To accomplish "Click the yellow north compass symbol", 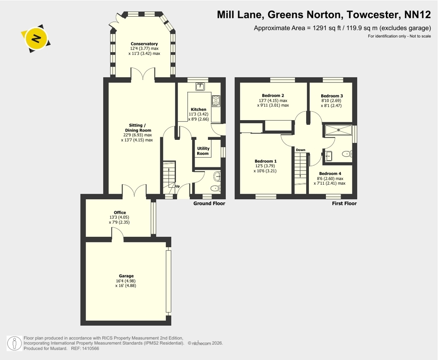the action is (x=36, y=38).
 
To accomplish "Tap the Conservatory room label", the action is (x=144, y=44).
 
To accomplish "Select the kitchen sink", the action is (x=200, y=86).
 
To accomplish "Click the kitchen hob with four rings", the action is (x=216, y=101).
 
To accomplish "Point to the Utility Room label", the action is (x=203, y=151).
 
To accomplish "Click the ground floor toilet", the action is (x=216, y=188).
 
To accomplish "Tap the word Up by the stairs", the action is (x=177, y=186).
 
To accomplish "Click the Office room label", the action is (x=120, y=212).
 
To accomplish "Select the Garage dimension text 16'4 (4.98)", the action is (x=126, y=281).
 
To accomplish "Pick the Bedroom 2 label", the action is (x=273, y=95).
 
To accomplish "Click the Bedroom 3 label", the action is (x=332, y=96).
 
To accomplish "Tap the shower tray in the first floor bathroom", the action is (x=338, y=130).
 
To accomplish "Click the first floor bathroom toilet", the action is (x=347, y=153).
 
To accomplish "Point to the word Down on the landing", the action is (x=301, y=150).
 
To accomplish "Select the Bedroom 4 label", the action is (x=330, y=174).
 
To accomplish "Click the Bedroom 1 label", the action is (x=266, y=161).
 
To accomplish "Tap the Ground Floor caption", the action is (x=209, y=204).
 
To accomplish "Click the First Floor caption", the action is (x=344, y=204).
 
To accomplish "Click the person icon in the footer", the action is (x=14, y=343).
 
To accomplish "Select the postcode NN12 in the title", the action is (x=418, y=15).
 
